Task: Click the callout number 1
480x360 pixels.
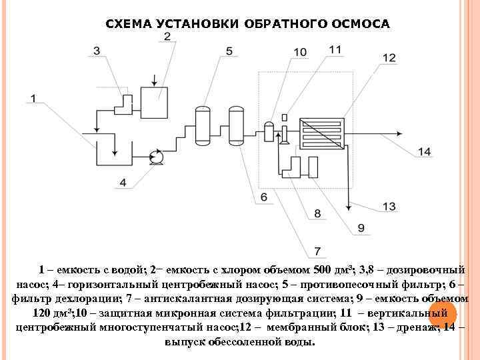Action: [31, 99]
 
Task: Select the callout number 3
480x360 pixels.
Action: [97, 51]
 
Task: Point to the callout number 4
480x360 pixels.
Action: [123, 182]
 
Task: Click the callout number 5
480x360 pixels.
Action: [229, 51]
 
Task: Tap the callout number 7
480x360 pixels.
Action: [317, 251]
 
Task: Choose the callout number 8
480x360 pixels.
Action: [317, 213]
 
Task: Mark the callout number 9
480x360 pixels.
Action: [361, 228]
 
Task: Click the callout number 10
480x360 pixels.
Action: [299, 52]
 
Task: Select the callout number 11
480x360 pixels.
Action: [335, 49]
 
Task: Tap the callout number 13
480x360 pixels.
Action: [389, 207]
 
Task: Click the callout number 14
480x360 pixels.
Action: [425, 152]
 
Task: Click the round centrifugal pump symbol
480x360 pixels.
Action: [157, 157]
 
